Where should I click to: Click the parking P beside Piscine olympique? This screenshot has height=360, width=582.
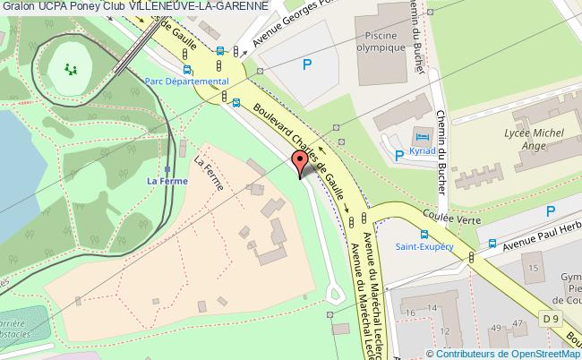[x=307, y=64]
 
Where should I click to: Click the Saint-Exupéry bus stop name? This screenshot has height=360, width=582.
[x=424, y=247]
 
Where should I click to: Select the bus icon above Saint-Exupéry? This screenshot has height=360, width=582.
[x=426, y=233]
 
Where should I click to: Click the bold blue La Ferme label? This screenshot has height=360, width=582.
[x=166, y=180]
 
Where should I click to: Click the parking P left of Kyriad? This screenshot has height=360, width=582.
[x=399, y=155]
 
